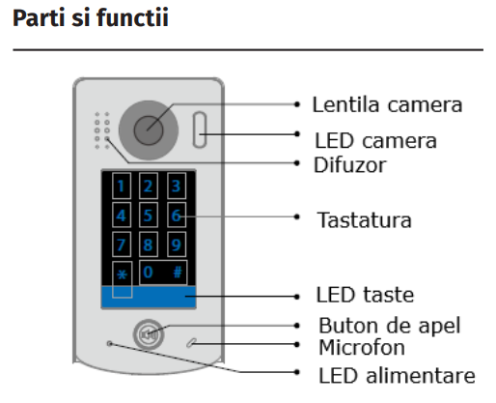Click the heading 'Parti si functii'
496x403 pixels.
[91, 18]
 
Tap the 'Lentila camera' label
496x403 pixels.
[387, 104]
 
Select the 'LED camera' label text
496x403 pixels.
[375, 141]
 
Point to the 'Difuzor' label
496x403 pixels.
[349, 165]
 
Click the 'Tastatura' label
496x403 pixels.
[364, 220]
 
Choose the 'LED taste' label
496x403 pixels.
[365, 295]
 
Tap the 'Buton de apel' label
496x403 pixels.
[390, 326]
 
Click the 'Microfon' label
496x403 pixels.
[362, 347]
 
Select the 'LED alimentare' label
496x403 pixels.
[397, 375]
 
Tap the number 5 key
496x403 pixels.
[149, 216]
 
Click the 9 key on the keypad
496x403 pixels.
[177, 245]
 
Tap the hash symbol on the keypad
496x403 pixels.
[178, 273]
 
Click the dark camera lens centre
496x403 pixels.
[149, 130]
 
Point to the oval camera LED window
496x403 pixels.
[200, 130]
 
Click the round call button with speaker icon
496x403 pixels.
[149, 334]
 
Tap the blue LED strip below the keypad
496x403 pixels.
[149, 298]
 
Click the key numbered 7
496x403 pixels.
[122, 245]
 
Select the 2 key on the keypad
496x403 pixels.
[149, 186]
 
